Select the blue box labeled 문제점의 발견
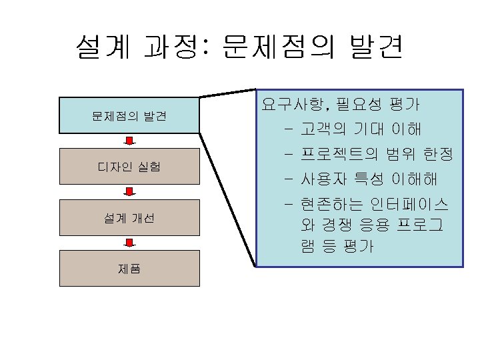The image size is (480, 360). (x=129, y=116)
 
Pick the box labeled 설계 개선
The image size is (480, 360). (x=129, y=217)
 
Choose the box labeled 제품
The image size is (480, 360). (x=129, y=269)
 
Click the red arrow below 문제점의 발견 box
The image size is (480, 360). (x=131, y=141)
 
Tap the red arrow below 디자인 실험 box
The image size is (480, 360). (x=131, y=192)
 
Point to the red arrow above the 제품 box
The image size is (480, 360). (x=131, y=243)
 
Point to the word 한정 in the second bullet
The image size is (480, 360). (x=438, y=155)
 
